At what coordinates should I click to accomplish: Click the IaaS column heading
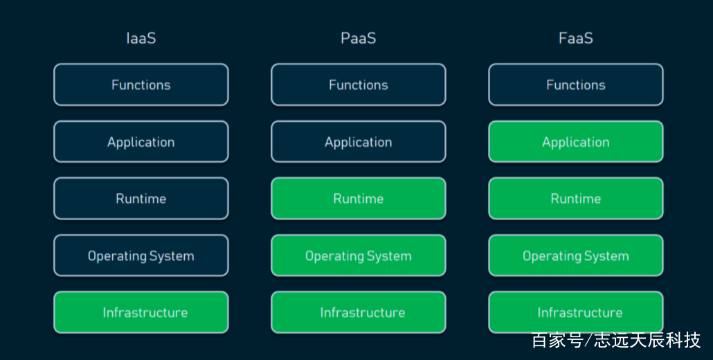point(141,38)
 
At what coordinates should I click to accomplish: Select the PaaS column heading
point(359,38)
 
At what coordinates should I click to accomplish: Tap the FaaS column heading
point(576,38)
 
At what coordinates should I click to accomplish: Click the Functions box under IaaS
point(141,84)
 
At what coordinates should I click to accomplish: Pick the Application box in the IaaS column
point(141,142)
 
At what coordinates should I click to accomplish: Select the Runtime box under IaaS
point(141,199)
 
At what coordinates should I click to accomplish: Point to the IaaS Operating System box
point(141,255)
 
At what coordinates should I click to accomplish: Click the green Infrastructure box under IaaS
point(141,312)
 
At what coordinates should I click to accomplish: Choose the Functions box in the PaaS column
point(359,84)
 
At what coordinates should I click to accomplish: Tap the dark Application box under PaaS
point(359,142)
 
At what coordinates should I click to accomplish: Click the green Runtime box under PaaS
point(359,199)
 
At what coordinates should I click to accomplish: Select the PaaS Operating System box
point(359,255)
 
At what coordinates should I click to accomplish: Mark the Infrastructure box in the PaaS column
point(359,312)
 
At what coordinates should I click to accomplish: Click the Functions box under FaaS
point(576,84)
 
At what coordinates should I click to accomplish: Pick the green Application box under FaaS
point(576,142)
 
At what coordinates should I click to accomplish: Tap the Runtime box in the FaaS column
point(576,199)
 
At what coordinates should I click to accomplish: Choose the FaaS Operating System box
point(576,255)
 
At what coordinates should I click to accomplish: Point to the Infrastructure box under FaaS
point(576,312)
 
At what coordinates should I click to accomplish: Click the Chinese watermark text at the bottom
point(616,340)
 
